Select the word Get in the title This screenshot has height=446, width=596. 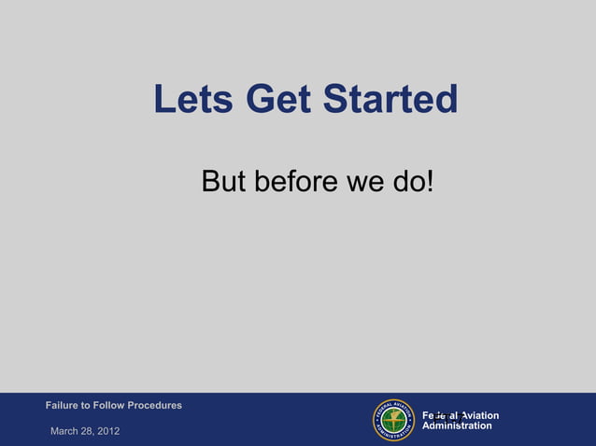[278, 100]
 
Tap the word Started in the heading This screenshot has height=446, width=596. [390, 100]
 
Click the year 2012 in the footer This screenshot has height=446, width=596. [107, 430]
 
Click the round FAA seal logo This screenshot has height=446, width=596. [393, 420]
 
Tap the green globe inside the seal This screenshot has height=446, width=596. [393, 420]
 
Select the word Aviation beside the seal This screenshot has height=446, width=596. [477, 415]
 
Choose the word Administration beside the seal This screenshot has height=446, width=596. [457, 426]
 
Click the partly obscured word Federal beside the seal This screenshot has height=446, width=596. [439, 415]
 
